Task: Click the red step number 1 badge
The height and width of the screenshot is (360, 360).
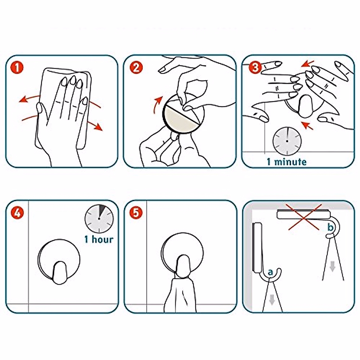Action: [17, 67]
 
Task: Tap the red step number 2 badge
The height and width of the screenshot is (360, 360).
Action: [136, 67]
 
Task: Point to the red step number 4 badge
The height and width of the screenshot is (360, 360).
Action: [17, 213]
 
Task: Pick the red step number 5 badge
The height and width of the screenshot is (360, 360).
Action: [136, 213]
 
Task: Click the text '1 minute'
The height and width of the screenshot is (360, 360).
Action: [287, 162]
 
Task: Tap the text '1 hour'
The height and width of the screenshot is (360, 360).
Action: [99, 239]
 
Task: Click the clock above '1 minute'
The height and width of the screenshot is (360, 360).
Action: [287, 141]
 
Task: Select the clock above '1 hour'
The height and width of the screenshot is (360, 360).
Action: [99, 219]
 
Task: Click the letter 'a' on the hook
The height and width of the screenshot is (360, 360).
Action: [270, 273]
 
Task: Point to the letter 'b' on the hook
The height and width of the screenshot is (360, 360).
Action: [331, 227]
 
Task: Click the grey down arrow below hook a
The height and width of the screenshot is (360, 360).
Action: [272, 300]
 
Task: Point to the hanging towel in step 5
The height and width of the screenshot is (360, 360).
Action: [180, 295]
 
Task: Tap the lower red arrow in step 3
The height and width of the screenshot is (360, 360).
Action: [307, 125]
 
